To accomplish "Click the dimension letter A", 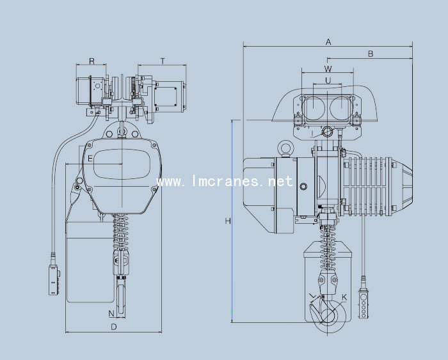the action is point(328,42).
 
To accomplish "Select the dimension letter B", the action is point(371,54).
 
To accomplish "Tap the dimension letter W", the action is point(328,68).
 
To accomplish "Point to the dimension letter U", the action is point(328,81).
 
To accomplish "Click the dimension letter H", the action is point(228,221).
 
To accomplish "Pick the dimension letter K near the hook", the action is point(344,297).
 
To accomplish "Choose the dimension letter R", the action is point(92,61).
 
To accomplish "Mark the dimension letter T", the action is point(163,61).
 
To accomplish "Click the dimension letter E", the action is point(90,159).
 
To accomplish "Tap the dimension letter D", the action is point(114,327).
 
